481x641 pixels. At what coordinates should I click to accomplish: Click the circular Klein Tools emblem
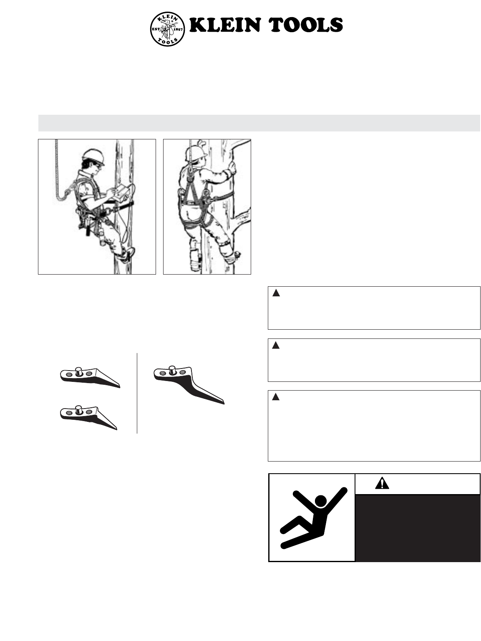point(167,29)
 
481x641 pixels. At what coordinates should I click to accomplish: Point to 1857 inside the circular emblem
point(178,30)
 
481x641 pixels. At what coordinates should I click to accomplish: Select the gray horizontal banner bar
point(259,123)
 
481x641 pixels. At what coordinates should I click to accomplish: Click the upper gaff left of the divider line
point(90,377)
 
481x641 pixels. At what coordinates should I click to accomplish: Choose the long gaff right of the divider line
point(189,384)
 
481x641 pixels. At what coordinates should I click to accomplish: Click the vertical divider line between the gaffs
point(137,393)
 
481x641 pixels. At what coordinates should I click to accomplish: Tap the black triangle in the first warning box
point(276,293)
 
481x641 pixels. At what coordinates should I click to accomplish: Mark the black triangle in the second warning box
point(276,345)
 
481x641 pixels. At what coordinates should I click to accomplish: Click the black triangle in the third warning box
point(276,396)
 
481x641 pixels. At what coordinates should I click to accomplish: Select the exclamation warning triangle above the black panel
point(382,483)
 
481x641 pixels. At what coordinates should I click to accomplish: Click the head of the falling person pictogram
point(321,501)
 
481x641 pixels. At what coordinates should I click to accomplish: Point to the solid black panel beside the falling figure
point(417,528)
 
